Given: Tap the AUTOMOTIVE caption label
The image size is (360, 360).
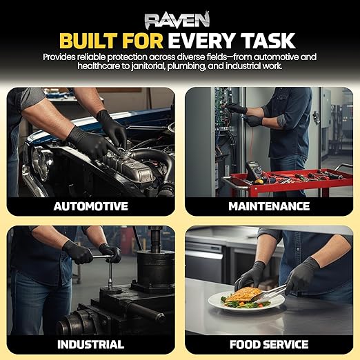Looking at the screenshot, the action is tap(91, 206).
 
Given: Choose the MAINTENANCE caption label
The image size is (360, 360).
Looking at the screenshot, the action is tap(269, 206).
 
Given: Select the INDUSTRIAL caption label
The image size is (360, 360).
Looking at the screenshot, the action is tap(91, 344).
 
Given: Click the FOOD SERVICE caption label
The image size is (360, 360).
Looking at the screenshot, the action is tap(269, 344).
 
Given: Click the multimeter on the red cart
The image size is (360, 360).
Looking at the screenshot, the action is tap(254, 172).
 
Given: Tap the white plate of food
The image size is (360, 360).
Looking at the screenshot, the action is tap(246, 301).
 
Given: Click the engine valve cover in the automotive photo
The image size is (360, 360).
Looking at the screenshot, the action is tap(129, 167).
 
